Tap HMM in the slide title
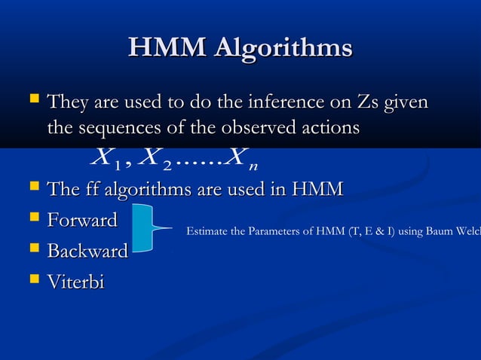[x=167, y=48]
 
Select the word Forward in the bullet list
[x=82, y=221]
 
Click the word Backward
[x=87, y=252]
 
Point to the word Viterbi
[x=75, y=282]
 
